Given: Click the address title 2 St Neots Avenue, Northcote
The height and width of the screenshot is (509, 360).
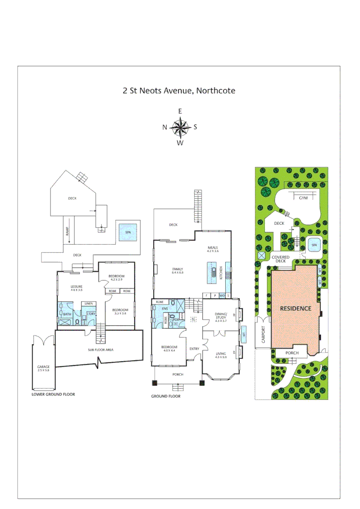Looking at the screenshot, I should click(x=179, y=90).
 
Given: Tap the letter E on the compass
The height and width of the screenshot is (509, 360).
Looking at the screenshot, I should click(x=180, y=111).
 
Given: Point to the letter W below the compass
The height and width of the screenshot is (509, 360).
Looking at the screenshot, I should click(x=180, y=143).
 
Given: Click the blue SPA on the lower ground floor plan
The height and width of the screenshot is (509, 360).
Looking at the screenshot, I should click(x=127, y=232).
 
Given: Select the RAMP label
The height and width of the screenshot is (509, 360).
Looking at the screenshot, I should click(x=67, y=230).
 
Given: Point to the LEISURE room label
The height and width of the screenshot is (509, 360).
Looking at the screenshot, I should click(x=77, y=287).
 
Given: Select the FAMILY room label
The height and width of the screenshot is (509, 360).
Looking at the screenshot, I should click(x=177, y=269).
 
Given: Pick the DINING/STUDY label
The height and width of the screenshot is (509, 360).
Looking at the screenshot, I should click(x=221, y=316).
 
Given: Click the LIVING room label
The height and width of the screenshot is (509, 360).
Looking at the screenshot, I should click(x=221, y=353).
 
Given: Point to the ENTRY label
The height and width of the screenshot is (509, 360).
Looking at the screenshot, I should click(x=194, y=349).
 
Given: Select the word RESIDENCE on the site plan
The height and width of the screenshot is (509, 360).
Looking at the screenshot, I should click(x=296, y=309).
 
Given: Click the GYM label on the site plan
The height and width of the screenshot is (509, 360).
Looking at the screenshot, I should click(x=303, y=198).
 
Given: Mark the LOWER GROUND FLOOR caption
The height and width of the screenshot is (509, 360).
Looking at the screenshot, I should click(x=53, y=394).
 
